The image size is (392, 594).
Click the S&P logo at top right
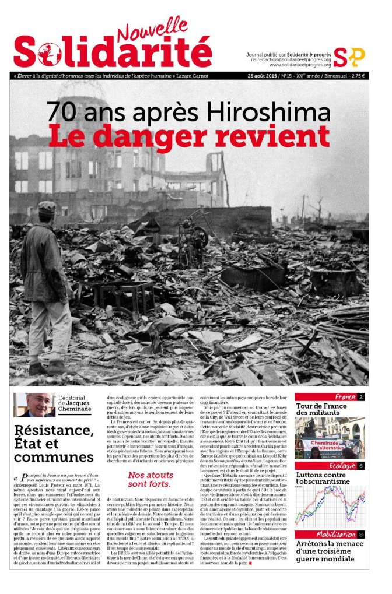[x=349, y=57]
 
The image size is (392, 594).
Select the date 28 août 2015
[x=264, y=76]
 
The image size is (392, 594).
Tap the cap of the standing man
[x=47, y=208]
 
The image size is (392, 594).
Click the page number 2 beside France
[x=361, y=397]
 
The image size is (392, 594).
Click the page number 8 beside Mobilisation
[x=361, y=535]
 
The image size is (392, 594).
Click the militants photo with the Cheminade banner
[x=330, y=438]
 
